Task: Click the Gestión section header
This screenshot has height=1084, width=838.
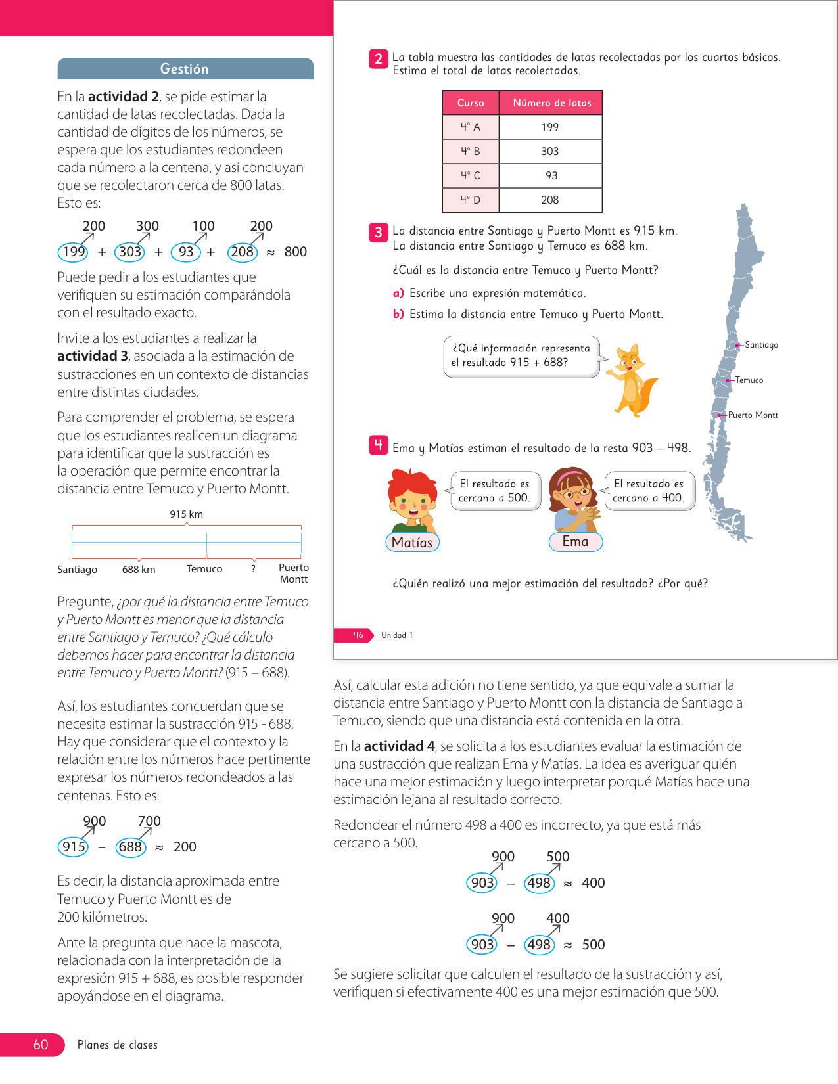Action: pyautogui.click(x=185, y=69)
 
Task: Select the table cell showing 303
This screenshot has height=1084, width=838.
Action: pyautogui.click(x=550, y=151)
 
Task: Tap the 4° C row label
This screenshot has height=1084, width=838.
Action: pyautogui.click(x=471, y=175)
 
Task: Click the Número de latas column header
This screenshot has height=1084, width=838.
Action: pyautogui.click(x=551, y=103)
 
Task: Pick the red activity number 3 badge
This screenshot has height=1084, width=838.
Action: pyautogui.click(x=379, y=232)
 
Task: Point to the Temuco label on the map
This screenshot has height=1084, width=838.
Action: pyautogui.click(x=749, y=380)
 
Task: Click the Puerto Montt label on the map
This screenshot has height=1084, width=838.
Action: pyautogui.click(x=753, y=415)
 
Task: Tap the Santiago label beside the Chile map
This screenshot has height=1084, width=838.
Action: pyautogui.click(x=761, y=345)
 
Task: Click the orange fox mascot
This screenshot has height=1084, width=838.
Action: pyautogui.click(x=631, y=380)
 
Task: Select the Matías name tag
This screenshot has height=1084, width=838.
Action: pyautogui.click(x=412, y=542)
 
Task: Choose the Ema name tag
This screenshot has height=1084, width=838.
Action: pyautogui.click(x=575, y=541)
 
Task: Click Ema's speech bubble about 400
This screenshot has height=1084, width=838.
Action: pyautogui.click(x=649, y=491)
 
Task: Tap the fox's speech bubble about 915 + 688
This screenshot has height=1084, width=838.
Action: pyautogui.click(x=521, y=355)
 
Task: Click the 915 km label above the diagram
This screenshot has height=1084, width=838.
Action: pyautogui.click(x=187, y=514)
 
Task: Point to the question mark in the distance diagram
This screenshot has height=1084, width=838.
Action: pyautogui.click(x=253, y=569)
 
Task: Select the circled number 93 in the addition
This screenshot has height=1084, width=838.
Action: pyautogui.click(x=186, y=252)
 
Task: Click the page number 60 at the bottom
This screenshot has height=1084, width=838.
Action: pyautogui.click(x=41, y=1045)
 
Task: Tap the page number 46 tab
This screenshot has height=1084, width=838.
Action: pyautogui.click(x=358, y=635)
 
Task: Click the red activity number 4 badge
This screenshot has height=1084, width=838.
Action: pyautogui.click(x=379, y=446)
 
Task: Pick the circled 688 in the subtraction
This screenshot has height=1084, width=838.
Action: pyautogui.click(x=130, y=847)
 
